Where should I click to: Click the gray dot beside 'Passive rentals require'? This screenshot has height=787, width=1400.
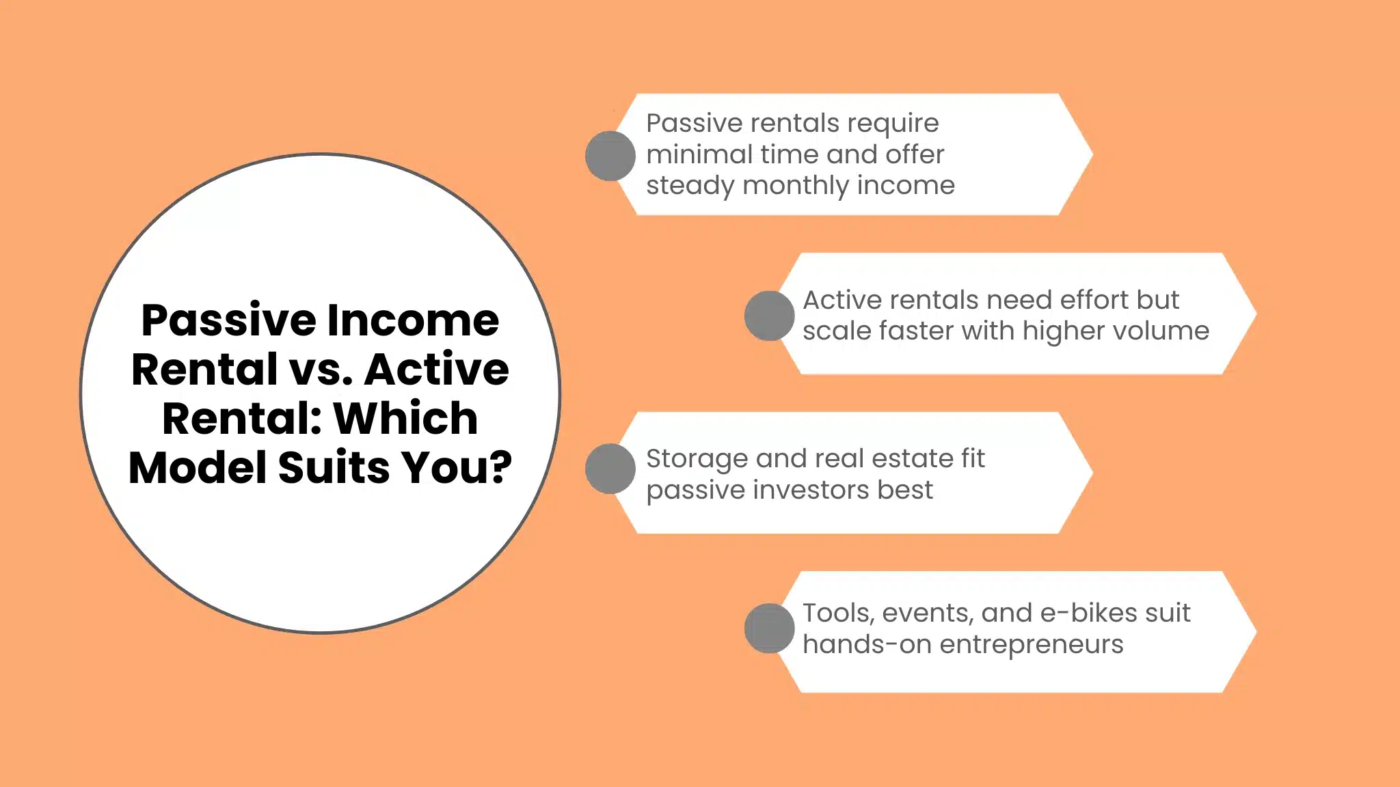610,156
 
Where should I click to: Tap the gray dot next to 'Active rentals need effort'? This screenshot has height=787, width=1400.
769,316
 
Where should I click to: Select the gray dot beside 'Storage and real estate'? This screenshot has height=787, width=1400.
610,469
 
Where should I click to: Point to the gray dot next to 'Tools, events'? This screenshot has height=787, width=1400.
769,628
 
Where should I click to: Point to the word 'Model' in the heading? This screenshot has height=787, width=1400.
198,468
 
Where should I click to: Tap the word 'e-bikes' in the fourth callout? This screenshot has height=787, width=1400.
1086,613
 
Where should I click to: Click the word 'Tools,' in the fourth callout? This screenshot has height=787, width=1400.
839,613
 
